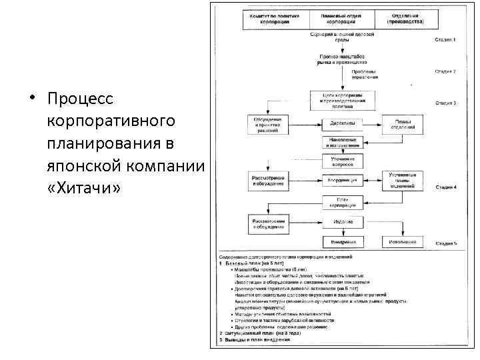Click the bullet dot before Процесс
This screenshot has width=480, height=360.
point(31,100)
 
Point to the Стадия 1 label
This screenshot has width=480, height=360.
point(445,40)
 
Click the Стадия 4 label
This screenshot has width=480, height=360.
point(445,187)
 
